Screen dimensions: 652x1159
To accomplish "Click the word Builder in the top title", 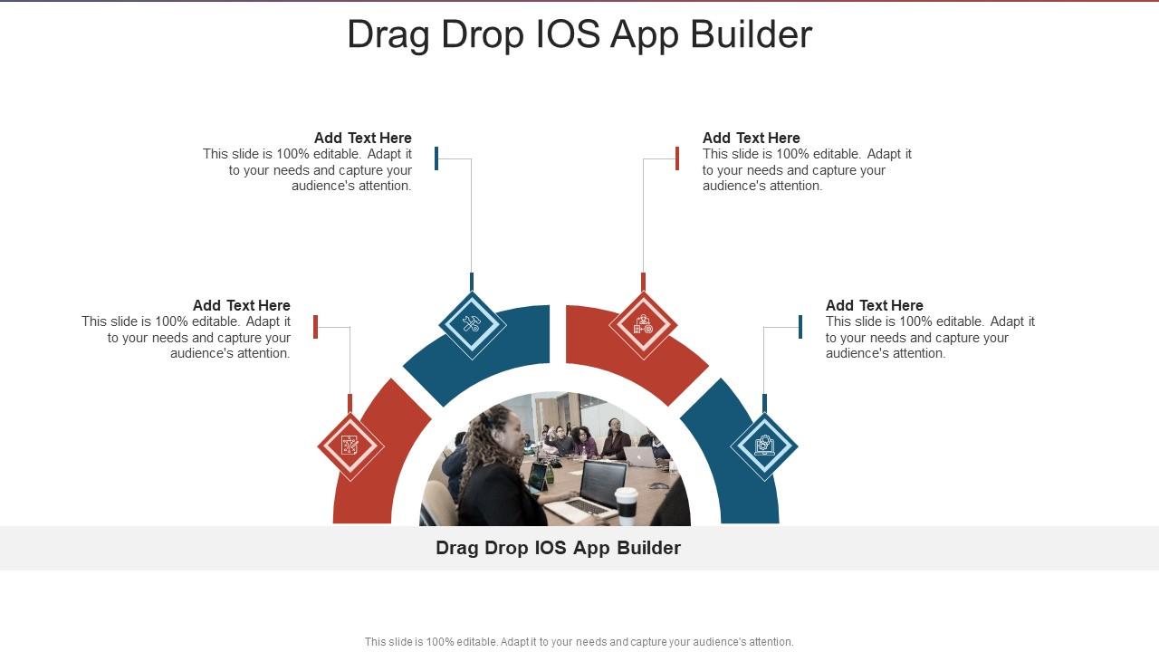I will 752,34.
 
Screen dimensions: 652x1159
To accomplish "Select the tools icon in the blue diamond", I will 472,324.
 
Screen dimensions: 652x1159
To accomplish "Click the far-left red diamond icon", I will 350,446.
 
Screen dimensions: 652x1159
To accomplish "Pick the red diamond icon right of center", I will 643,324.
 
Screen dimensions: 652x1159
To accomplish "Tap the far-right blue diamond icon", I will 764,446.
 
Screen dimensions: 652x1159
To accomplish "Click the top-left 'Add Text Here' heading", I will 362,138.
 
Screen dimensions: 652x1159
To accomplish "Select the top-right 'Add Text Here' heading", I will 751,138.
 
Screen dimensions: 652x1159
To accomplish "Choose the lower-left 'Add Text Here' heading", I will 241,305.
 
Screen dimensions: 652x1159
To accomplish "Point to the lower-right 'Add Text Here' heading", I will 874,305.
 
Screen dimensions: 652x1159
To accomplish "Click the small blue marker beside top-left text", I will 436,158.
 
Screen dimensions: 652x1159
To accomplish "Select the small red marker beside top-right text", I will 677,158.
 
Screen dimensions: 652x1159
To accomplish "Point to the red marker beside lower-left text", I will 315,326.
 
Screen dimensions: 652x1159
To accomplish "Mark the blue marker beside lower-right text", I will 800,326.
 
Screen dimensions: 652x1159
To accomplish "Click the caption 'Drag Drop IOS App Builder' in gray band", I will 558,548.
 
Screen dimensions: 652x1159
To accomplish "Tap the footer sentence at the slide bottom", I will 579,642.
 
